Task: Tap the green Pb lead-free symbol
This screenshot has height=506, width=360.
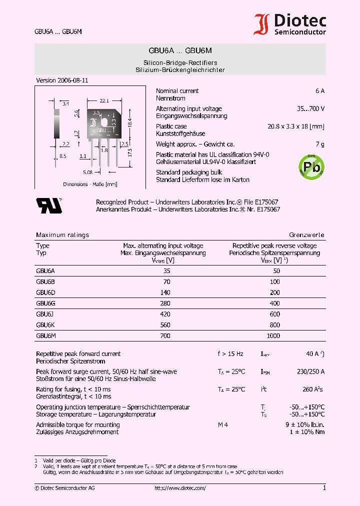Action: (311, 166)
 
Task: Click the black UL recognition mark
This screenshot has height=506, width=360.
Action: (48, 205)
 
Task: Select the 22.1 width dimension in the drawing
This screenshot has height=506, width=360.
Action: (104, 100)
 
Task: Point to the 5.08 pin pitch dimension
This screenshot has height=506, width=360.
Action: (87, 172)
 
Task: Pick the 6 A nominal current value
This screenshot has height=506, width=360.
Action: (320, 91)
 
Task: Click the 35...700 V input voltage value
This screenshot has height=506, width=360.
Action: (310, 108)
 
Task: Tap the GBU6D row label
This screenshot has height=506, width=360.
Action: (45, 292)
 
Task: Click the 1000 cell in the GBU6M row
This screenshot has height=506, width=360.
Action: (274, 336)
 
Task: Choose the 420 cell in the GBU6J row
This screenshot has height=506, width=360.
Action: (165, 314)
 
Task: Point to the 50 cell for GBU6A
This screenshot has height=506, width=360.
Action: (276, 270)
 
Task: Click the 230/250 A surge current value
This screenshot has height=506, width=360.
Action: (310, 371)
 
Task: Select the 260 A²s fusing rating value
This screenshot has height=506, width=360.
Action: (313, 389)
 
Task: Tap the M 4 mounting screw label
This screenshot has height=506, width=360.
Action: (223, 425)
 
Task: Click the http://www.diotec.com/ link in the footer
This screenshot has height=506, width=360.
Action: (180, 488)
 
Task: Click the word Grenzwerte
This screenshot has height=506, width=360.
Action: (306, 235)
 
